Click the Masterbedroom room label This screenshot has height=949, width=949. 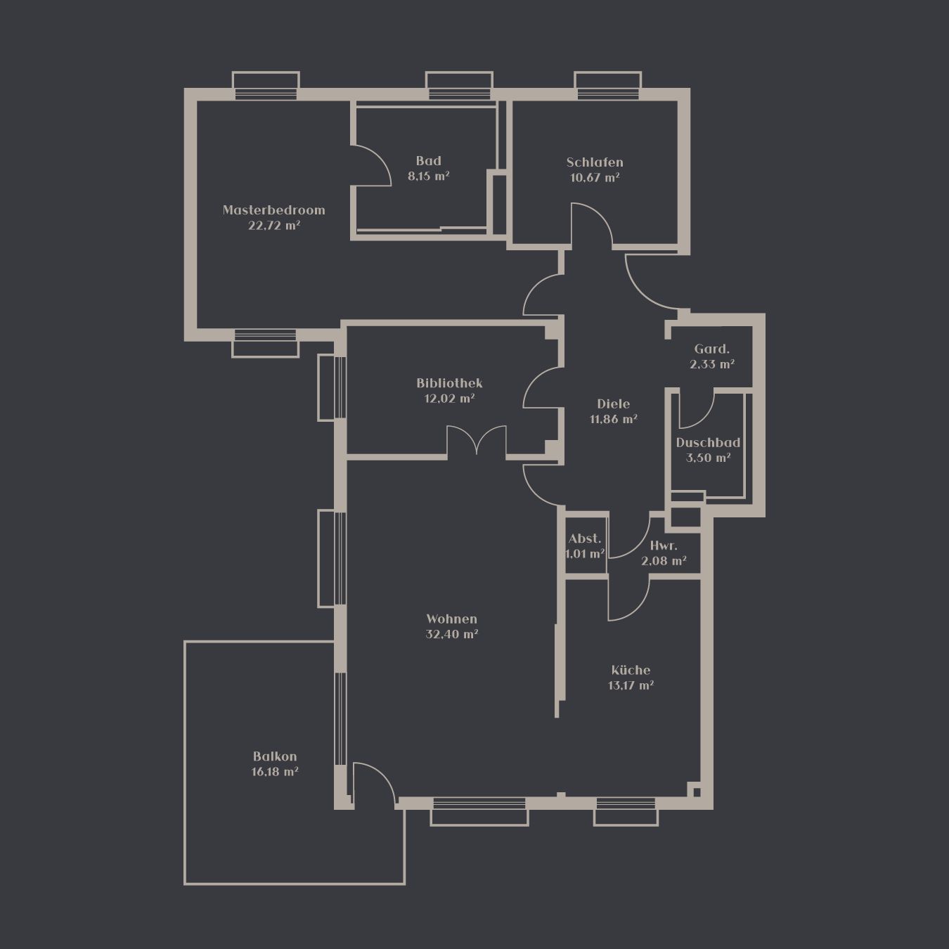point(274,210)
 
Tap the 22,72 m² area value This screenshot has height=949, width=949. point(274,226)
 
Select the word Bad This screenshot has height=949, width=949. point(428,160)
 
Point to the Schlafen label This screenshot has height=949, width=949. point(595,162)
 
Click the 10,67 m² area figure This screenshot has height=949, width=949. point(595,177)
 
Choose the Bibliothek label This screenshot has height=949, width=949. point(449,382)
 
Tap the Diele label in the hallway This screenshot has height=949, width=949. point(614,404)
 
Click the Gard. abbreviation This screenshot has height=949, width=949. point(712,349)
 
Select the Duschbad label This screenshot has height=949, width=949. point(708,442)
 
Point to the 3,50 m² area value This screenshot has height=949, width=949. point(708,458)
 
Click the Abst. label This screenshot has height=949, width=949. point(585,538)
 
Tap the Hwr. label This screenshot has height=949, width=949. point(664,545)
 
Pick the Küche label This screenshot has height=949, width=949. point(631,670)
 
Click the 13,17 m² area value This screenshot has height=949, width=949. point(631,685)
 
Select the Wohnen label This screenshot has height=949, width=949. point(451,619)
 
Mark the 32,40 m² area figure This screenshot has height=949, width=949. point(451,634)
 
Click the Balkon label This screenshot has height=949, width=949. point(275,756)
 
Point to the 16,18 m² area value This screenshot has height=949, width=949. point(275,771)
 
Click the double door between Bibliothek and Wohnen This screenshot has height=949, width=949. point(477,440)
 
